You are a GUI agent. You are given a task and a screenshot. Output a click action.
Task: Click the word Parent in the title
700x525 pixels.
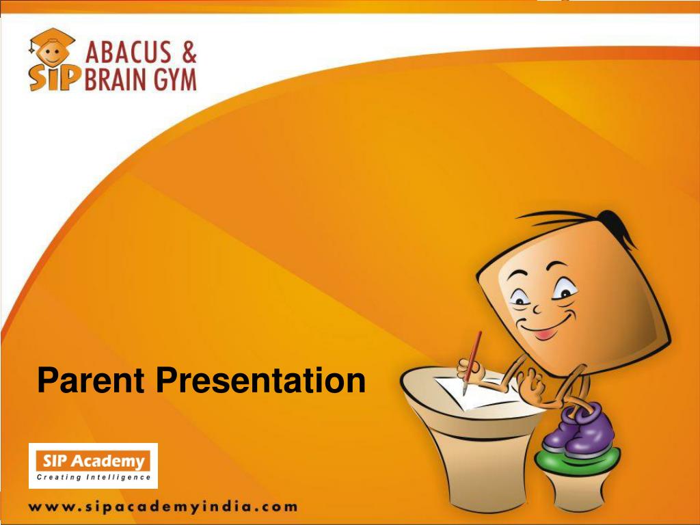91,380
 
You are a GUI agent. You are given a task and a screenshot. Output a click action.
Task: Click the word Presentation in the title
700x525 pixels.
260,380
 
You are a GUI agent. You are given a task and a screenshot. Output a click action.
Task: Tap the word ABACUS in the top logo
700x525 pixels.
129,52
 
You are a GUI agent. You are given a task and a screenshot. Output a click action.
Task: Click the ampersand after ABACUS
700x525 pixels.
189,52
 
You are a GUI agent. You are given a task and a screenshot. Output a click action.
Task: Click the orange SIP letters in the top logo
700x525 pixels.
51,79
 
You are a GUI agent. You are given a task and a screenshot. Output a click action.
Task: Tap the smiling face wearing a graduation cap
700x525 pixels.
52,49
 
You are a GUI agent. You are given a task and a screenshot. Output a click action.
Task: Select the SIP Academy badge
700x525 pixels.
93,466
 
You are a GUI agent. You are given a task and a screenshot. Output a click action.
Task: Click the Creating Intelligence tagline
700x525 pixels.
94,477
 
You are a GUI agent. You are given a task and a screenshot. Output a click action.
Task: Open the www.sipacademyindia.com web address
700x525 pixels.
163,508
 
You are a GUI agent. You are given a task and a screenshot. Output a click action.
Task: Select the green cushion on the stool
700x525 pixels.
577,460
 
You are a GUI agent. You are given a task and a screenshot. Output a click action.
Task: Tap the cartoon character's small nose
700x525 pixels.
537,308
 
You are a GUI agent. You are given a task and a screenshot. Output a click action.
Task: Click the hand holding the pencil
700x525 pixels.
470,371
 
